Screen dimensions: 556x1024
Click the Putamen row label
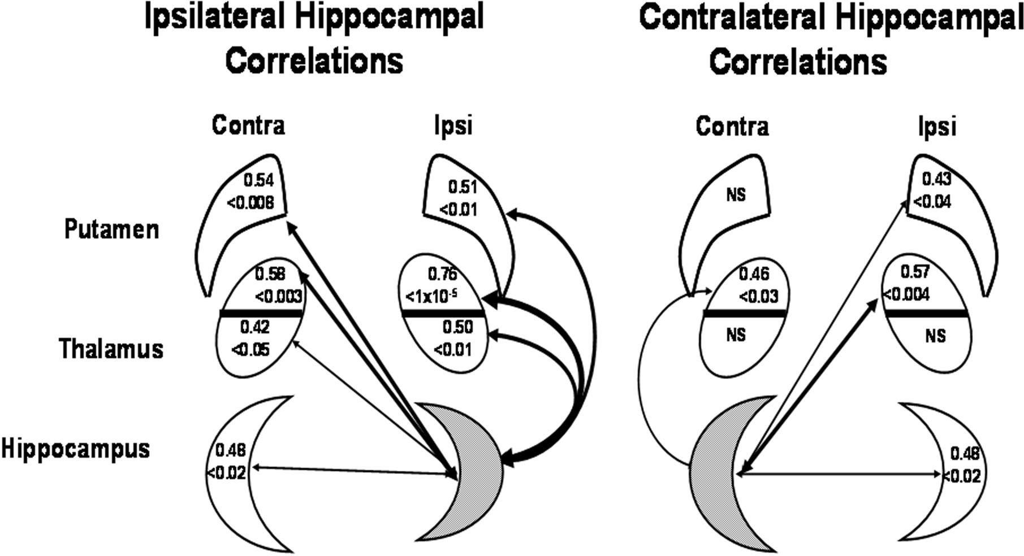click(111, 230)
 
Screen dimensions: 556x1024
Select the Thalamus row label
click(111, 349)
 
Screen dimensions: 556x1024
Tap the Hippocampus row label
click(75, 449)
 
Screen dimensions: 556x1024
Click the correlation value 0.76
click(442, 274)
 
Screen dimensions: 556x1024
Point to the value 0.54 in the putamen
click(259, 181)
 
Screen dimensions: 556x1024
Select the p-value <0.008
click(250, 202)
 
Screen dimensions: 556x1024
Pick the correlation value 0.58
click(270, 274)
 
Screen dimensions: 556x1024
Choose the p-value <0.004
click(906, 294)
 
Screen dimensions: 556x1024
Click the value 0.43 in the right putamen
click(936, 179)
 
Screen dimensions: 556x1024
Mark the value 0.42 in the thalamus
click(255, 327)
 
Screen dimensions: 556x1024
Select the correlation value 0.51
click(463, 187)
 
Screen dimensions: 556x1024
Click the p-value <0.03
click(758, 296)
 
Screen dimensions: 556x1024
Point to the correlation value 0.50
click(457, 328)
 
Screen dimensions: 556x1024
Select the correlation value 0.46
click(754, 274)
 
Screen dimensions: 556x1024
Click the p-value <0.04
click(929, 202)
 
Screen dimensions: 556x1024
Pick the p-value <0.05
click(250, 349)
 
